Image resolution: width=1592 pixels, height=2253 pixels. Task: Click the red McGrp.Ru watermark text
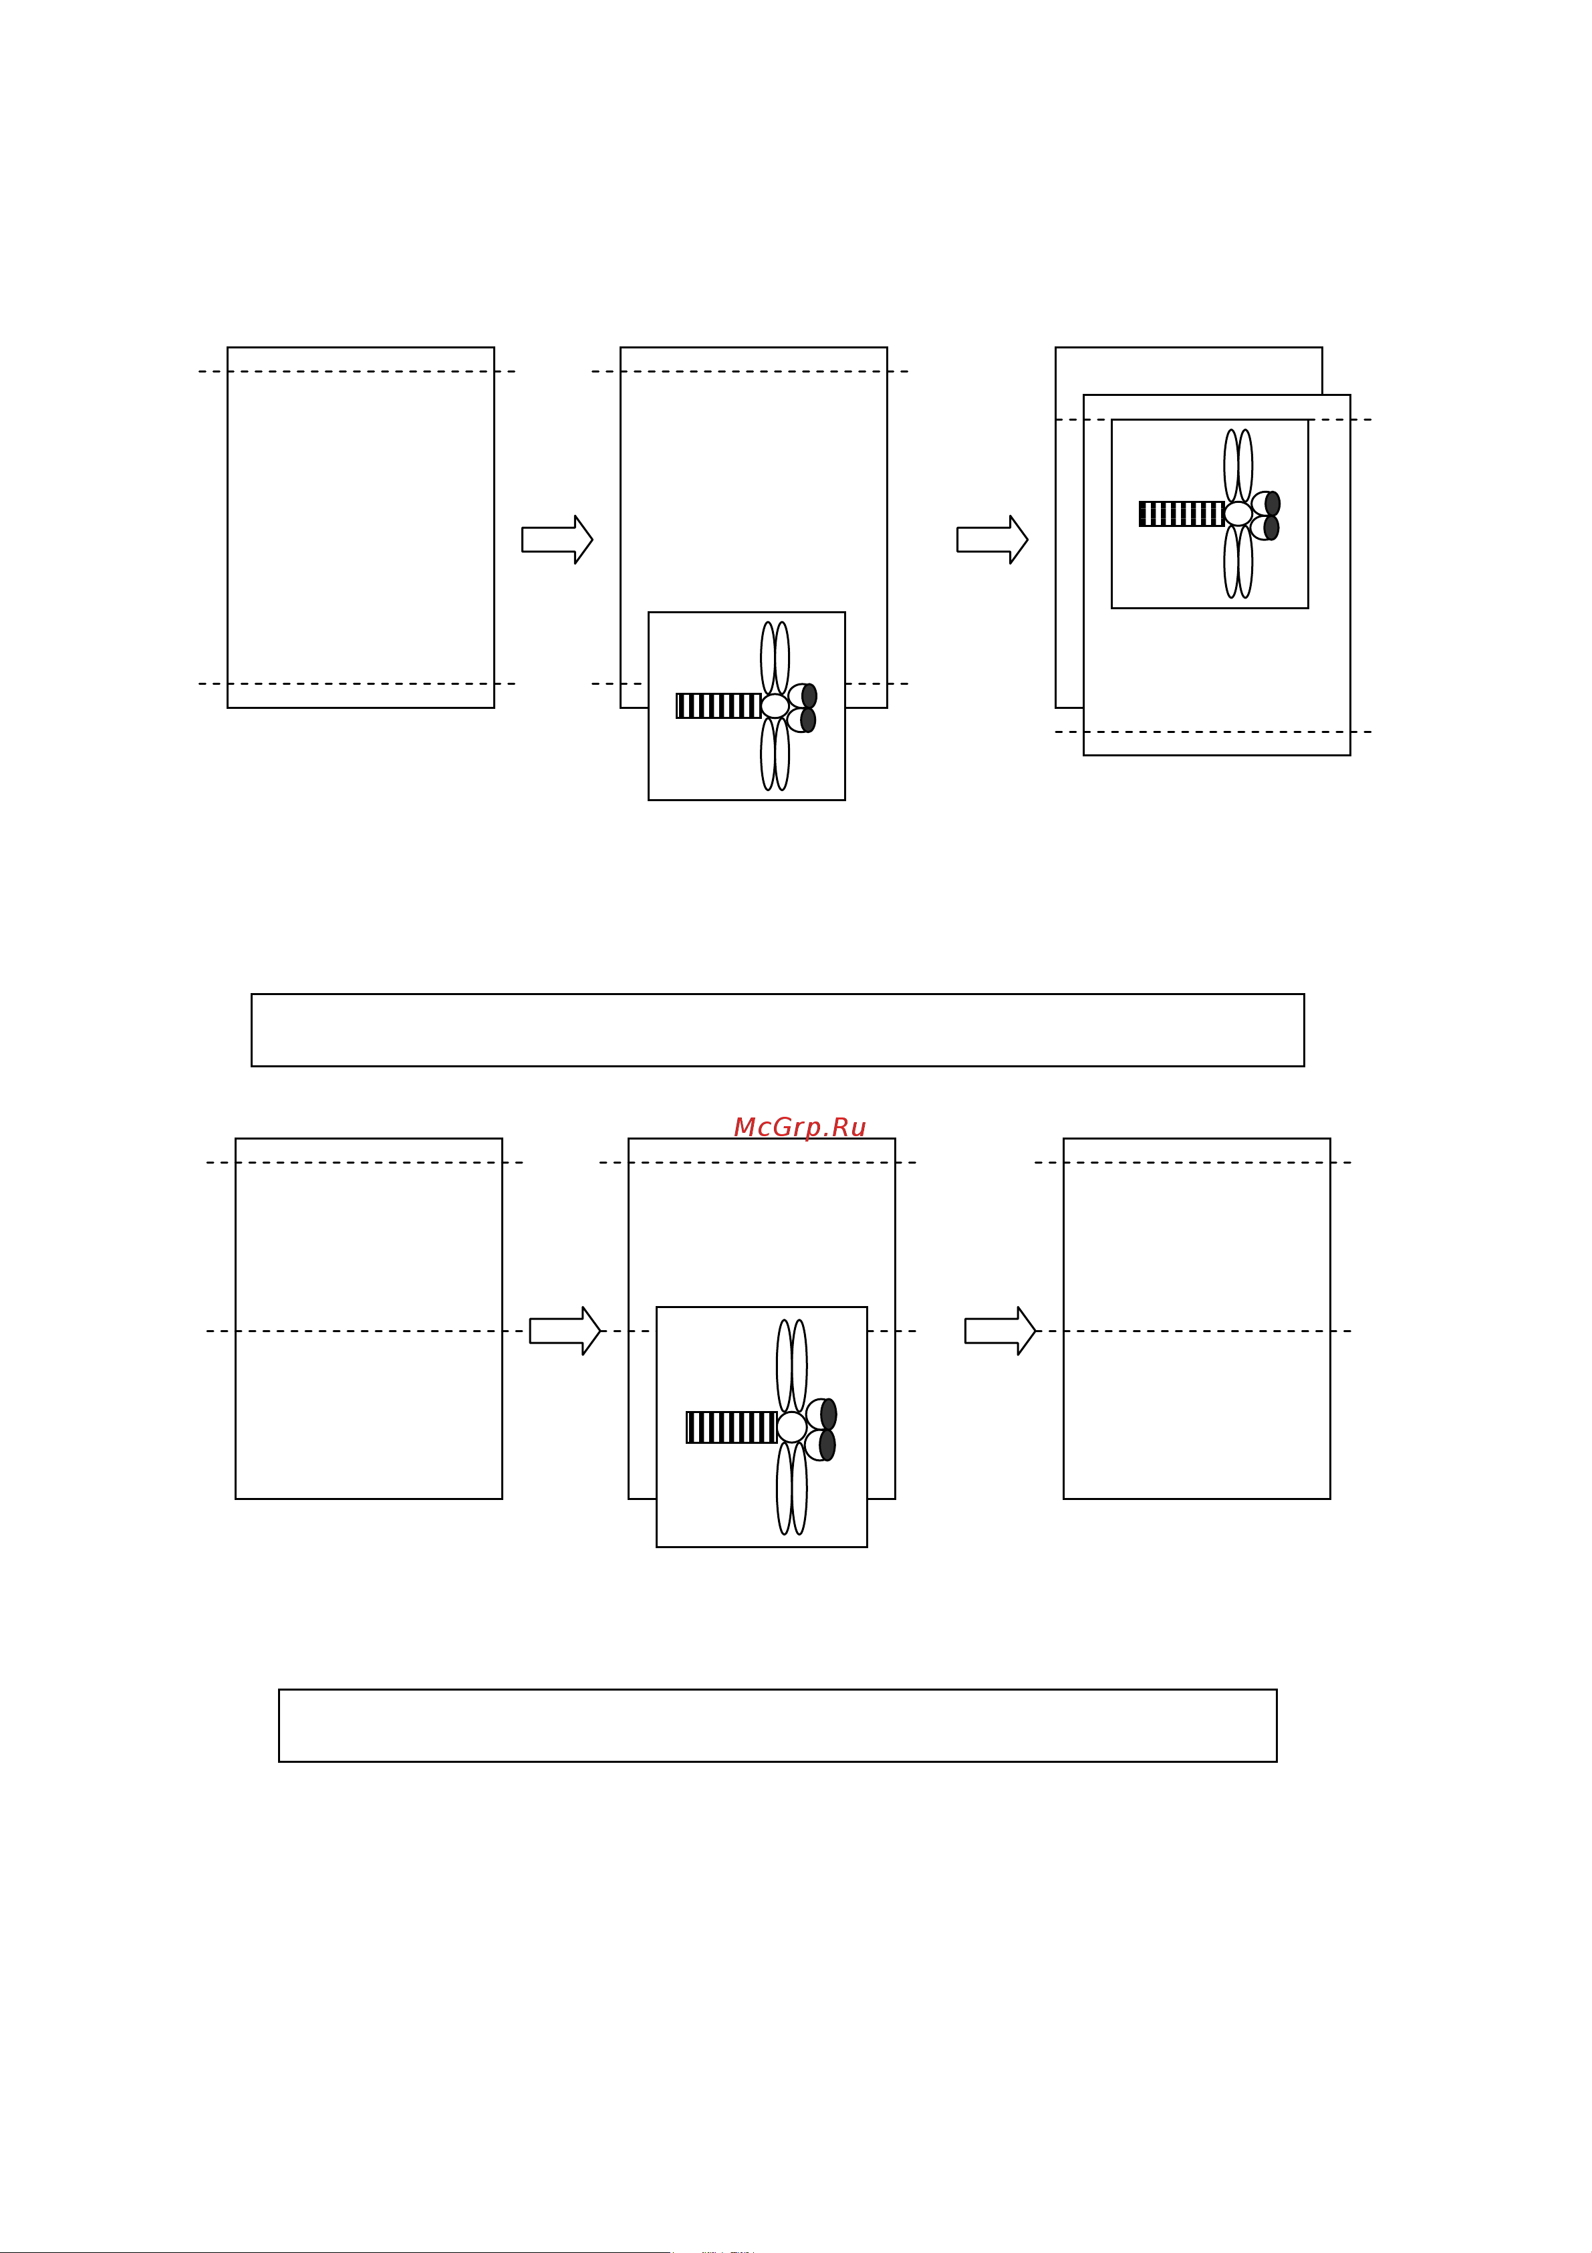pos(799,1128)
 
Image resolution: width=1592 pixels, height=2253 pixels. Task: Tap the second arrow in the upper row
pos(992,540)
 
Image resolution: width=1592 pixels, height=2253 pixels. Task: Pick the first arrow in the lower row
pos(564,1331)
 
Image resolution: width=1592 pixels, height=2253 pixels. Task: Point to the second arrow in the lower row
pos(1000,1331)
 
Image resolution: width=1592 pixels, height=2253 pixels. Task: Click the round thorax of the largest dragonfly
pos(791,1427)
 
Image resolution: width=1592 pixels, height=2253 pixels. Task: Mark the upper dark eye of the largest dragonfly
pos(829,1414)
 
